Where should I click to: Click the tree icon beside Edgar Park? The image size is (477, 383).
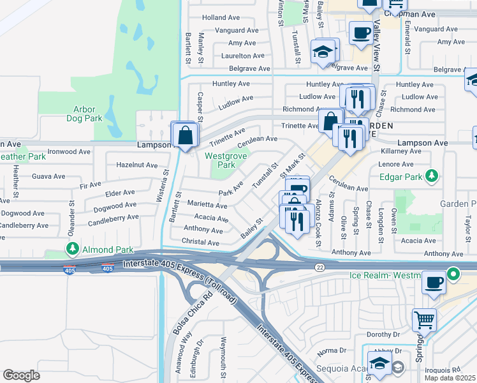click(x=432, y=175)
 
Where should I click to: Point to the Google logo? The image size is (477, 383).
click(x=21, y=375)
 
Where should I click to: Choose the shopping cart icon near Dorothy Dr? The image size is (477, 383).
click(x=423, y=319)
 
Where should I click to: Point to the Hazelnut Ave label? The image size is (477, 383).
click(x=136, y=165)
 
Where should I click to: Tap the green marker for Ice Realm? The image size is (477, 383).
click(x=453, y=275)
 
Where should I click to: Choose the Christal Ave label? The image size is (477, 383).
click(x=201, y=243)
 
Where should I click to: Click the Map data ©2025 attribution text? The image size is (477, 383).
click(x=450, y=378)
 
